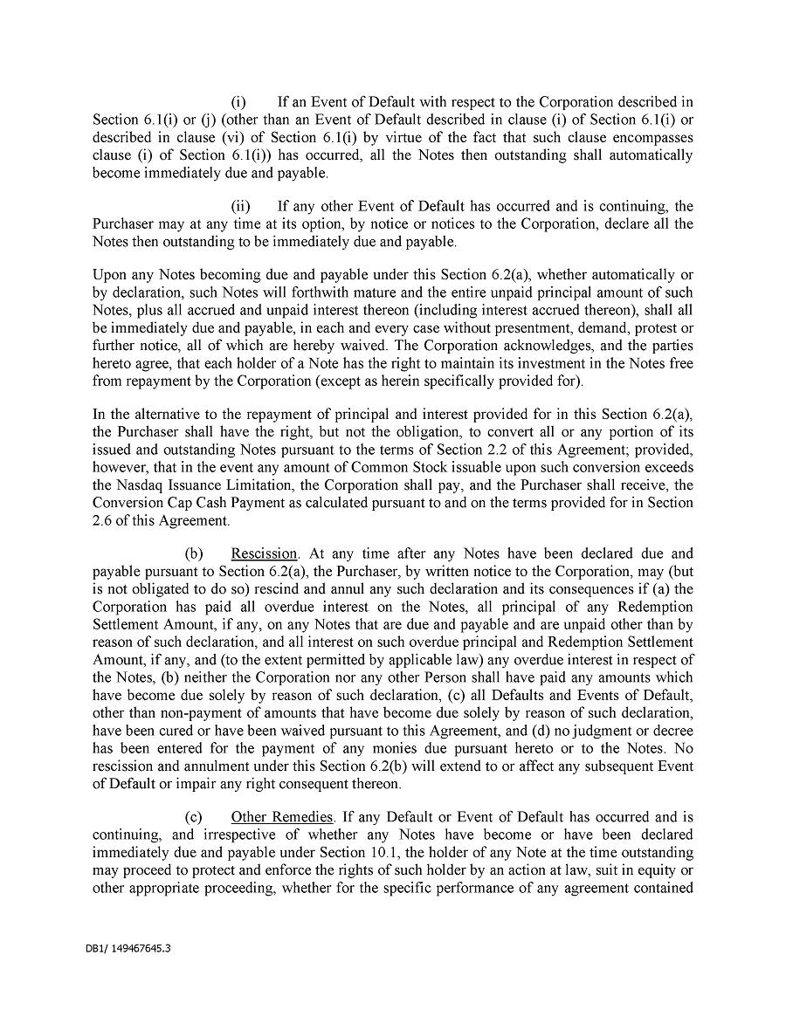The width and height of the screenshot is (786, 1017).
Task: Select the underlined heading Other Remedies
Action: tap(282, 817)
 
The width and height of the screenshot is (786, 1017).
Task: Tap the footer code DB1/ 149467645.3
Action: tap(122, 946)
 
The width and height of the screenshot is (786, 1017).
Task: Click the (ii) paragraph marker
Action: tap(240, 206)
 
